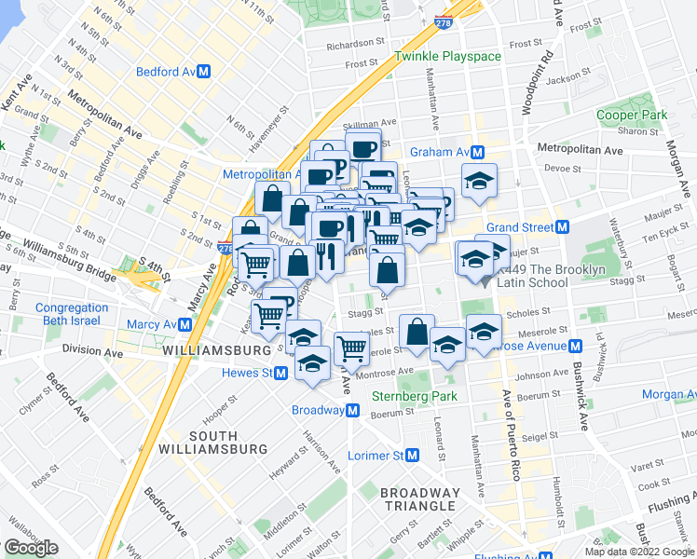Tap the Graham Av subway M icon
click(477, 152)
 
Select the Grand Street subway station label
click(519, 227)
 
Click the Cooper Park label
click(632, 116)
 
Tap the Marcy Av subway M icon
click(186, 324)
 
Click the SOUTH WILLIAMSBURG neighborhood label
click(220, 444)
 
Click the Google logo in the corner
click(31, 548)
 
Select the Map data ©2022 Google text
click(639, 552)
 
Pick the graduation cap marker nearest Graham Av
click(480, 180)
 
